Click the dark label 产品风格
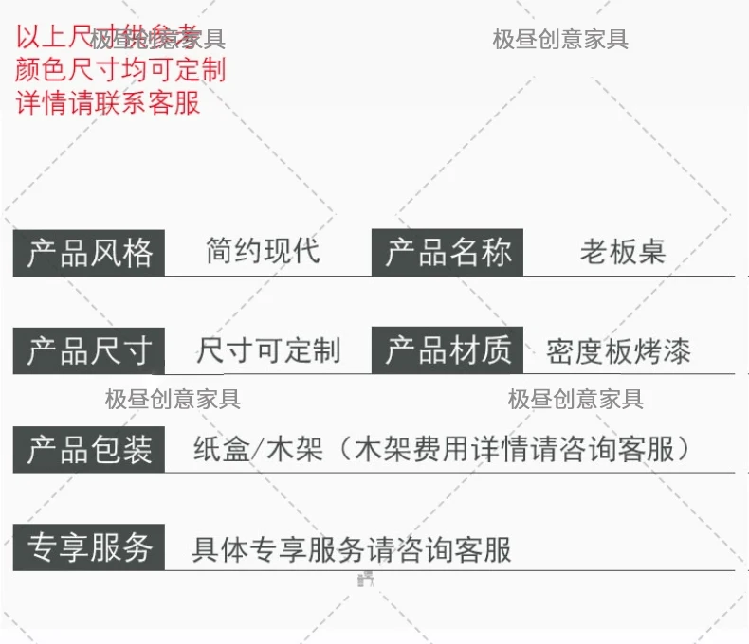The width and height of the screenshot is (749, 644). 89,253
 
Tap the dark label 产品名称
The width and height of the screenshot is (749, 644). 448,253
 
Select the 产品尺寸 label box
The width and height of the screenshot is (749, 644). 89,351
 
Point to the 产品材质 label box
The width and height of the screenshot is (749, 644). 448,351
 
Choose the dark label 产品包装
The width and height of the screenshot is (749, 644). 89,450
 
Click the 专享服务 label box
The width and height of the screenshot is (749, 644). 89,547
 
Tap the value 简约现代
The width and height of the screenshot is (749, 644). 263,251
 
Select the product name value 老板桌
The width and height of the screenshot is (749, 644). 622,252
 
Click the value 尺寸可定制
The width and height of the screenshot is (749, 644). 267,351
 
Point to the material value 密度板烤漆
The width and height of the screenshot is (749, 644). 618,352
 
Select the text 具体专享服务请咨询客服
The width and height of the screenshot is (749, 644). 351,548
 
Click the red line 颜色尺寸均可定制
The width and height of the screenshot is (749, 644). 120,69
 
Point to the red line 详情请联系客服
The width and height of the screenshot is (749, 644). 108,101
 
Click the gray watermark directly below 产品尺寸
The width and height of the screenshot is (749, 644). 173,399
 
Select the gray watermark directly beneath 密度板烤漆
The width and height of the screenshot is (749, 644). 575,399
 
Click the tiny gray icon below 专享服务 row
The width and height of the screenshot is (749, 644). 365,578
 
